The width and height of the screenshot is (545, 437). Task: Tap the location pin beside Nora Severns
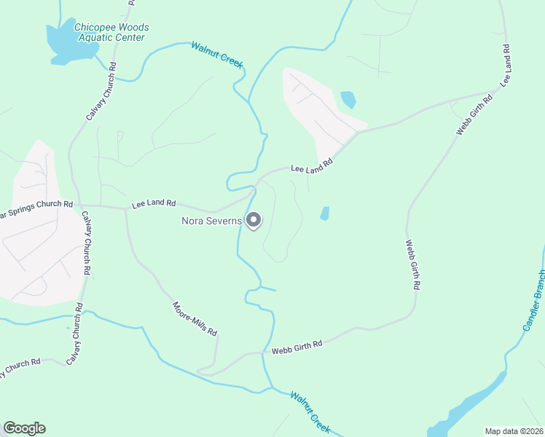pos(254,219)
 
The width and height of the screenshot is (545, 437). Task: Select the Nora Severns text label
pos(211,220)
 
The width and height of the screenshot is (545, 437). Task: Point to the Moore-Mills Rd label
pos(195,319)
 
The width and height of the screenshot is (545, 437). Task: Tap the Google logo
pos(24,428)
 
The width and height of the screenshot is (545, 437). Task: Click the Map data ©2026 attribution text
pos(513,430)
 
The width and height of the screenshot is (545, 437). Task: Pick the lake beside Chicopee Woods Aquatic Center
pos(62,42)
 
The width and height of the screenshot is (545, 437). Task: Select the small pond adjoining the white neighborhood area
pos(348,98)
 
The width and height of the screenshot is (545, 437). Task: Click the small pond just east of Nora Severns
pos(324,213)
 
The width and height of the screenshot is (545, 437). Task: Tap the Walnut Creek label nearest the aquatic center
pos(216,55)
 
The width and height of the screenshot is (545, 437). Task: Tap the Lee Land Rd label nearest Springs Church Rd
pos(154,204)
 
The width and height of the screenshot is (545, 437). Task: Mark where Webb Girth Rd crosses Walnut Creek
pos(266,353)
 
